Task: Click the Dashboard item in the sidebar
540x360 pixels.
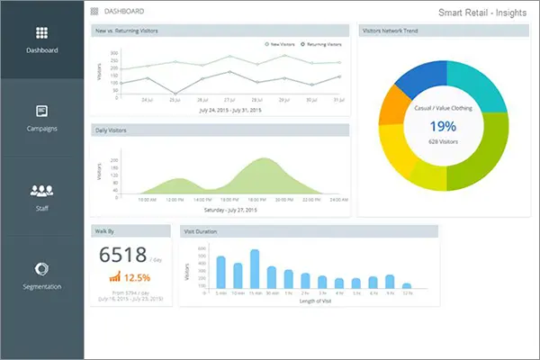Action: pyautogui.click(x=41, y=49)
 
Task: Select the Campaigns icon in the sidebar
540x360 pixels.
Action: pyautogui.click(x=41, y=112)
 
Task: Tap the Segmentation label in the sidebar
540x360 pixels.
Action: pyautogui.click(x=41, y=286)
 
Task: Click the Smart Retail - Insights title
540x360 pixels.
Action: pyautogui.click(x=481, y=13)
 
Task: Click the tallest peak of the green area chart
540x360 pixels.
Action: pyautogui.click(x=264, y=160)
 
